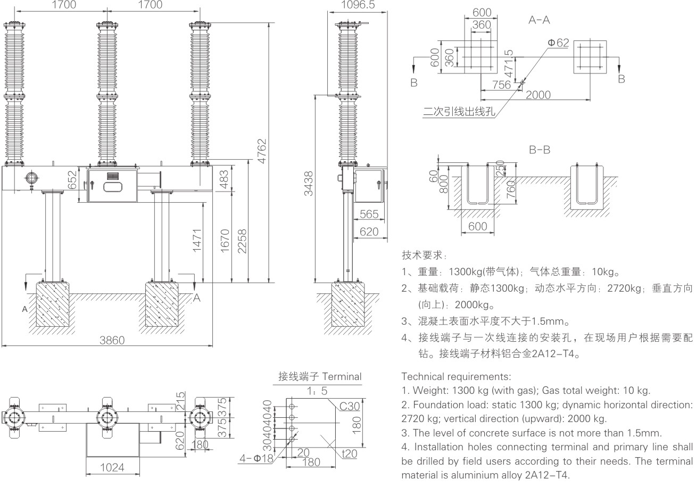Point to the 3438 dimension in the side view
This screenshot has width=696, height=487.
pos(308,189)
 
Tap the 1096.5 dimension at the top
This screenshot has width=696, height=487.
pos(358,5)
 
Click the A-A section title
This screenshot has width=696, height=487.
pos(539,20)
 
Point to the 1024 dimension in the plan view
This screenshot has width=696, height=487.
pos(113,467)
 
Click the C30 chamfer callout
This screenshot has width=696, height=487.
pos(350,407)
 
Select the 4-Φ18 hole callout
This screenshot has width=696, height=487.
pos(256,457)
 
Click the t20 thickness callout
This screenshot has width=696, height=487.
pos(349,453)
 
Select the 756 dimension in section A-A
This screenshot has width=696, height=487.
pos(500,85)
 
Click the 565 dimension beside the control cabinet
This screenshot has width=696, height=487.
pos(369,214)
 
